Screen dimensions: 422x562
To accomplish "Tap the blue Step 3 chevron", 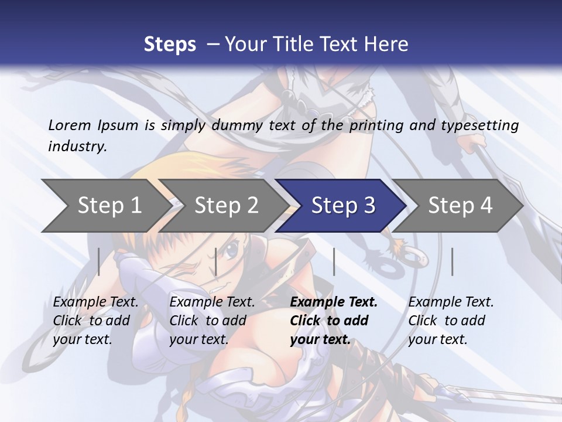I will pos(343,206).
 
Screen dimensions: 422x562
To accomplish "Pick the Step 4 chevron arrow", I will pos(460,206).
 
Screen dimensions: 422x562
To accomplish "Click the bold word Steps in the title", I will pos(170,44).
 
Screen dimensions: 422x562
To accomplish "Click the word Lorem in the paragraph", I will pos(70,125).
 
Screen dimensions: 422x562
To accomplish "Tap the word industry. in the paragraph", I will pos(78,146).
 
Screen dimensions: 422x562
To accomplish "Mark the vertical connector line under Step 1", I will pos(99,261).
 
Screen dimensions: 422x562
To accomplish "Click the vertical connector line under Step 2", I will pos(216,261).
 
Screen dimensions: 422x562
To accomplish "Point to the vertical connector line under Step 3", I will pos(334,261).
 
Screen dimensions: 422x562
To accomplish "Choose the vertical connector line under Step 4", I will pos(452,261).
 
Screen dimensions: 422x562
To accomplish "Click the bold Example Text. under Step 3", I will pos(334,302).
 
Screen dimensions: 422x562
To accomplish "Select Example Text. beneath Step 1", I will pos(95,302).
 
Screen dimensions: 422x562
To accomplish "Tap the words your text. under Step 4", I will pos(438,339).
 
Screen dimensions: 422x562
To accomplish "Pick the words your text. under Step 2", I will pos(199,339).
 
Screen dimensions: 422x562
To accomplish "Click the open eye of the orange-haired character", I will pos(232,250).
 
